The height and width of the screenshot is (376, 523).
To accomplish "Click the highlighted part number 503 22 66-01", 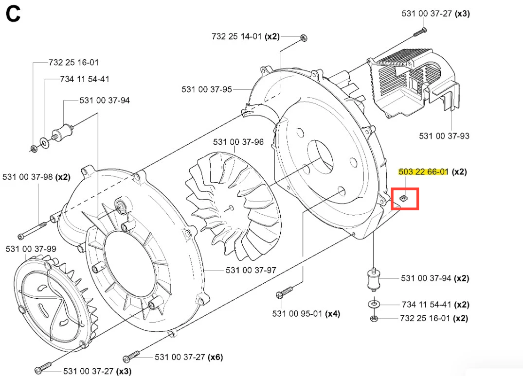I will (423, 172).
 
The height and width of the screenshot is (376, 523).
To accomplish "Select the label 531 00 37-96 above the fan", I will (238, 142).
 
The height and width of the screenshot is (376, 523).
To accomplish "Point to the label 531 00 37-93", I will (444, 136).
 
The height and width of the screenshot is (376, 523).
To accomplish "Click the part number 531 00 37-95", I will (207, 89).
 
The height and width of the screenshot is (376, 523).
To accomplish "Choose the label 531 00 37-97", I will (251, 270).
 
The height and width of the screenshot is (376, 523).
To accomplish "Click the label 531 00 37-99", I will (31, 249).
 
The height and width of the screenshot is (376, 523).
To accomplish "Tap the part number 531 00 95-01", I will (297, 314).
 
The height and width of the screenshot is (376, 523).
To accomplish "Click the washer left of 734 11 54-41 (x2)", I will (374, 305).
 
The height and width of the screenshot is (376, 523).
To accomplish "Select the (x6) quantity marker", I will (215, 358).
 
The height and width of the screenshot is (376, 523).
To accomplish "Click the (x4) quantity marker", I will (332, 314).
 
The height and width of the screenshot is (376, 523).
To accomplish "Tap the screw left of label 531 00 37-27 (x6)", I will (132, 357).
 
